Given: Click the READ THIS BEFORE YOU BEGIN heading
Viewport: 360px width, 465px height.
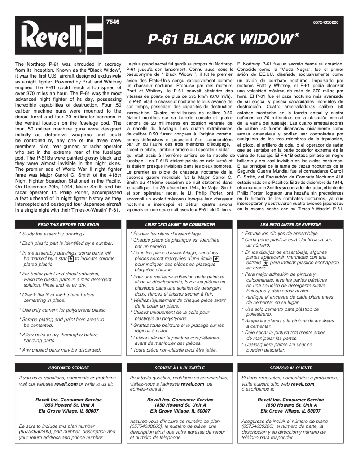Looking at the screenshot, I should [x=68, y=224].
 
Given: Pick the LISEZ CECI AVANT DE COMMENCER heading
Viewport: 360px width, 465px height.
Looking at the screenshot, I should [x=180, y=224].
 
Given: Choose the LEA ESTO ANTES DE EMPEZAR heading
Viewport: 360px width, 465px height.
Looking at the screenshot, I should [x=291, y=224].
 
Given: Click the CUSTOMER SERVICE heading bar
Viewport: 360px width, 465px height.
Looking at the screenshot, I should [x=68, y=368].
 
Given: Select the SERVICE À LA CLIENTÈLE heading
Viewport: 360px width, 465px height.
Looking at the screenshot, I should [x=180, y=368].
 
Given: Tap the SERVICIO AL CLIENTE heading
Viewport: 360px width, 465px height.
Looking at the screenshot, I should [x=291, y=368].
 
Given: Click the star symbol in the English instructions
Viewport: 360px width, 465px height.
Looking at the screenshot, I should [x=70, y=259].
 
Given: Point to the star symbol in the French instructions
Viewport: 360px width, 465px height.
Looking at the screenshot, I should [x=216, y=259].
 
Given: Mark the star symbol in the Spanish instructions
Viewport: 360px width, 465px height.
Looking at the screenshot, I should [x=265, y=263].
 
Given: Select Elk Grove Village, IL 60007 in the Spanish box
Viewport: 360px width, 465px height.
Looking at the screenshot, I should [x=290, y=411].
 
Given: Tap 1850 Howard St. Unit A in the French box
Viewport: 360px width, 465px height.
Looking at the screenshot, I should [x=180, y=405].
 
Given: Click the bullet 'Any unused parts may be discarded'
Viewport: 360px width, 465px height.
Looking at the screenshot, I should [x=61, y=350].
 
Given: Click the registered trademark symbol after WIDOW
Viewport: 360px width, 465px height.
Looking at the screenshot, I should [x=297, y=35].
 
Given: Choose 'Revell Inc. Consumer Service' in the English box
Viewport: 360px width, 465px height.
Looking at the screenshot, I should [x=68, y=400].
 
